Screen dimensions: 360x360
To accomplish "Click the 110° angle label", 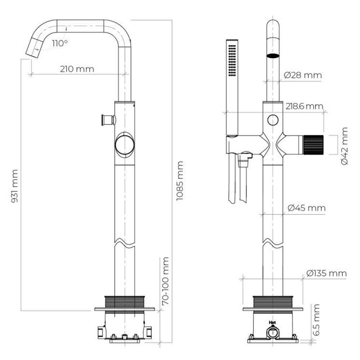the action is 60,43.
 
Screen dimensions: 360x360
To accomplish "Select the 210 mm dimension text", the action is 77,69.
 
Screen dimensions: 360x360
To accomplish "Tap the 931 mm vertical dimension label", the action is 14,186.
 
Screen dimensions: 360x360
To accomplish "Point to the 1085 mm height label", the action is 180,181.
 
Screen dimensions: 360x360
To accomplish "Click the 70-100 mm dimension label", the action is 165,281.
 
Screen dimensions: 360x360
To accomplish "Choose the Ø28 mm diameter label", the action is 303,75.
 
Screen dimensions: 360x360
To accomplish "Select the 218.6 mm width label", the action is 305,106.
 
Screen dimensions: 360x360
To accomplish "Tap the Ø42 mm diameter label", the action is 345,146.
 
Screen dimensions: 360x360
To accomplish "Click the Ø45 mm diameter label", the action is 306,208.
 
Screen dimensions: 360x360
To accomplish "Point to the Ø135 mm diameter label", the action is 327,273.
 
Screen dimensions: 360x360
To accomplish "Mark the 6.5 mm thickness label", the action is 316,320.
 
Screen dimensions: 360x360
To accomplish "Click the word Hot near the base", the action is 272,323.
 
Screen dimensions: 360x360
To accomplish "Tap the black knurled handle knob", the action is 314,145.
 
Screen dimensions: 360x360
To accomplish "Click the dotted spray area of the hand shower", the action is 232,60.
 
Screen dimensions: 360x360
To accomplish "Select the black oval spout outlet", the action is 273,55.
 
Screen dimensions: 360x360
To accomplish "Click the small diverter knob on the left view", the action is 108,120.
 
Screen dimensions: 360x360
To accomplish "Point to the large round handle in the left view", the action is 125,145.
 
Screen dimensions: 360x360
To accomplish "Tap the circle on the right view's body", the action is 273,120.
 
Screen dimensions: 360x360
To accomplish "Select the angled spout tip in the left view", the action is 35,48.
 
